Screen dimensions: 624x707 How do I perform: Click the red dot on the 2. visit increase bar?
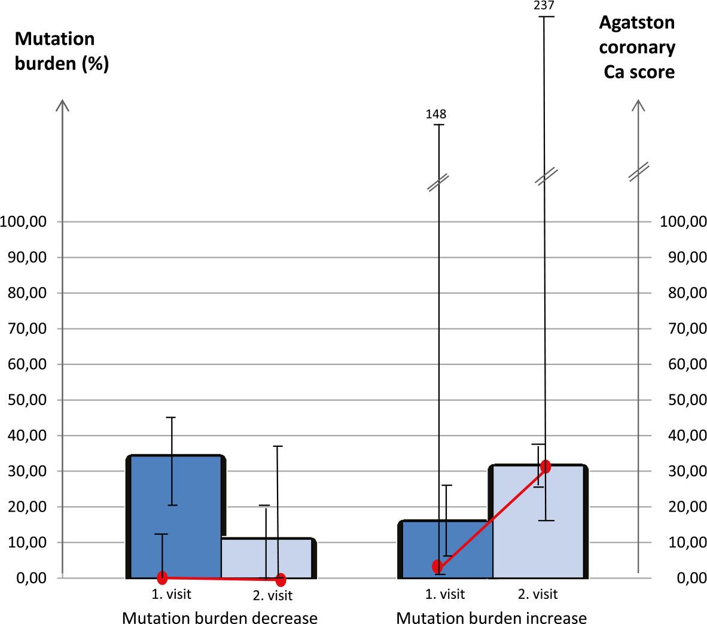coord(545,467)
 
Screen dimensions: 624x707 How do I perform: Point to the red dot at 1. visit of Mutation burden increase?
coord(438,566)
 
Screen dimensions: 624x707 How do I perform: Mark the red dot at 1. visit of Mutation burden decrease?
coord(162,577)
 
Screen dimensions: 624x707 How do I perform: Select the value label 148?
coord(436,114)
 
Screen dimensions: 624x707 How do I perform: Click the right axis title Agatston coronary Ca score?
coord(638,48)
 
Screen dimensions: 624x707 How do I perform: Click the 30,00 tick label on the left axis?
coord(26,471)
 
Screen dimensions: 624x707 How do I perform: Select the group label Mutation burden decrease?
coord(220,617)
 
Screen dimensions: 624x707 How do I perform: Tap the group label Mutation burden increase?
coord(491,617)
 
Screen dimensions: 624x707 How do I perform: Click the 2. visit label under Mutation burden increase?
coord(537,594)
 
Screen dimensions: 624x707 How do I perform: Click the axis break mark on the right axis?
coord(639,171)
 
